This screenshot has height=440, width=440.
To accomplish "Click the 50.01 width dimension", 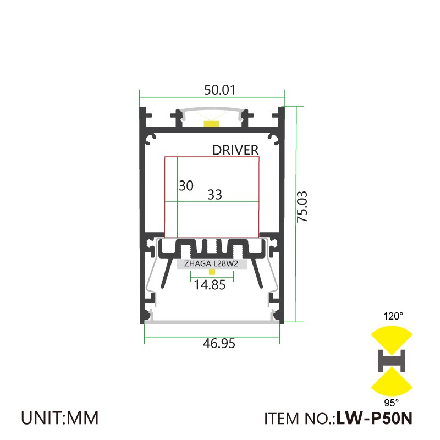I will pyautogui.click(x=212, y=90).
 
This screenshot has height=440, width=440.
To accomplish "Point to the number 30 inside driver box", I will pyautogui.click(x=186, y=186).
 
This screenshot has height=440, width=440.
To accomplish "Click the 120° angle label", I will pyautogui.click(x=393, y=316).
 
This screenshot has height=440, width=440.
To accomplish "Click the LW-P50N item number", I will pyautogui.click(x=374, y=419).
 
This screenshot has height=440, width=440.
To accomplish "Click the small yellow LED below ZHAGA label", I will pyautogui.click(x=211, y=271).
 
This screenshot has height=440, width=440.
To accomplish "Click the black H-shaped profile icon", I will pyautogui.click(x=392, y=360).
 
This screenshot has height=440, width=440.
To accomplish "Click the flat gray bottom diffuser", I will pyautogui.click(x=212, y=321).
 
